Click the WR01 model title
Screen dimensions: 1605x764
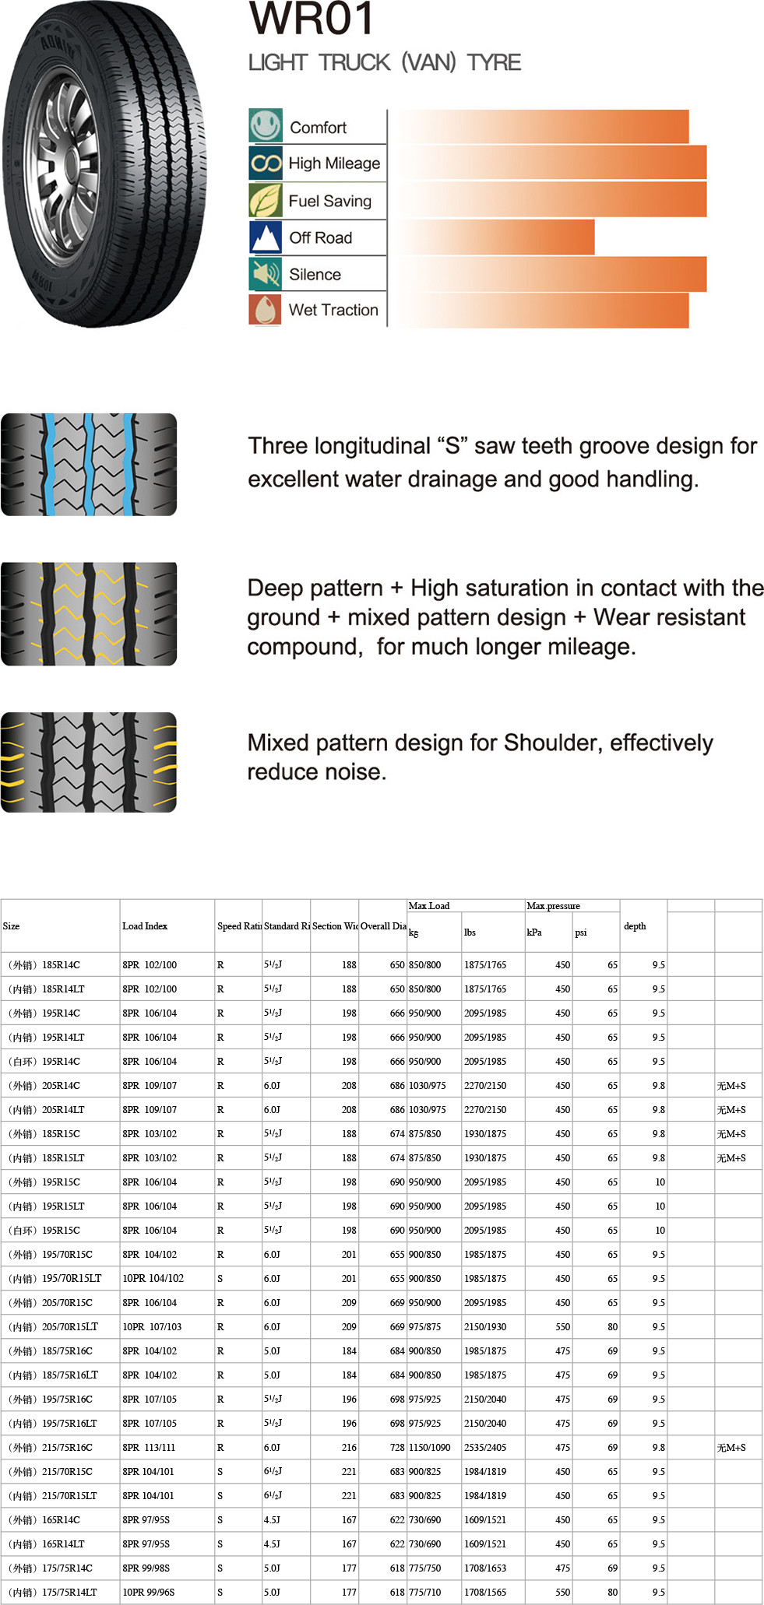click(312, 19)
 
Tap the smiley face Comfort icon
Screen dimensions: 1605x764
click(266, 125)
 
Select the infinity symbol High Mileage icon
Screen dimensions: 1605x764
click(266, 163)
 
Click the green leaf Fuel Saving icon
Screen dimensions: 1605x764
click(266, 201)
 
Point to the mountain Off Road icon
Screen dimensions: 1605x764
click(266, 237)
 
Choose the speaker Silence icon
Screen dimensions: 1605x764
click(266, 274)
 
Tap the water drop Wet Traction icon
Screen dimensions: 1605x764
click(266, 310)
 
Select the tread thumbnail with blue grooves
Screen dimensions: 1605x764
click(89, 465)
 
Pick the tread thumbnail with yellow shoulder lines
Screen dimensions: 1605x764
click(89, 763)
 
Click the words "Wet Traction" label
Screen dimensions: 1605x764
click(333, 310)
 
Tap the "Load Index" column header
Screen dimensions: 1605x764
click(145, 926)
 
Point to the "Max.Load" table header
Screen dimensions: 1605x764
click(429, 906)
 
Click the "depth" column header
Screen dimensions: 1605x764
click(635, 926)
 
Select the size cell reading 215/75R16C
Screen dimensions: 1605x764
click(67, 1448)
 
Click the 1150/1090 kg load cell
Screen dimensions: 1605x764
click(430, 1448)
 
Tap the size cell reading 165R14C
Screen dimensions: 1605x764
click(61, 1520)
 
